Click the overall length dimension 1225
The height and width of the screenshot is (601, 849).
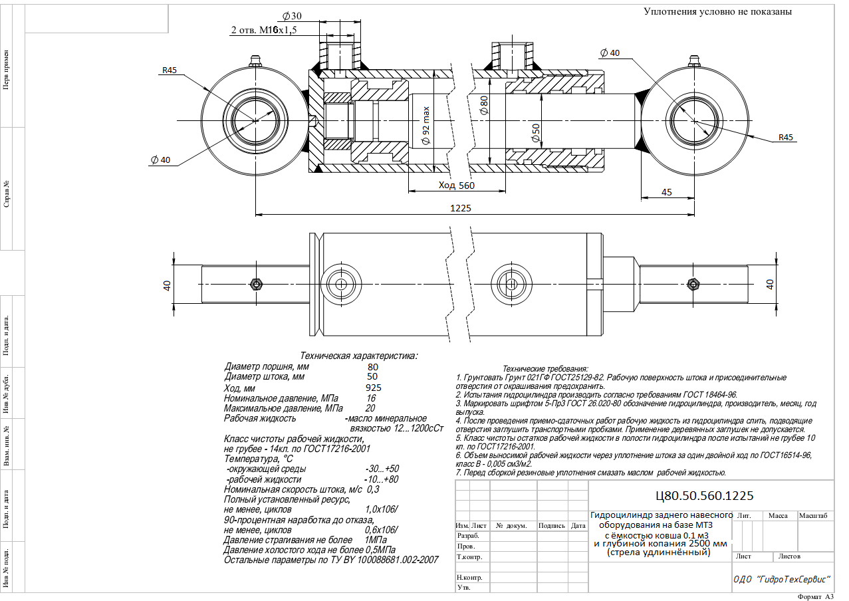(461, 208)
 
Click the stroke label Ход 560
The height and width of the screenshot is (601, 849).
(456, 185)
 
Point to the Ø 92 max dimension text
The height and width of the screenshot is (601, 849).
(426, 126)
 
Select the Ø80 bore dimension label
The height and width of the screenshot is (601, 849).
(484, 105)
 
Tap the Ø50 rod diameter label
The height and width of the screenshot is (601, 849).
(535, 133)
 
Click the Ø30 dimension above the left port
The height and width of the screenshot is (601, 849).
(292, 16)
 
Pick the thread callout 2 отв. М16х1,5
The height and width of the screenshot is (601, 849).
(264, 30)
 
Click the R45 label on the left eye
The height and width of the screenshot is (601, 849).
(170, 70)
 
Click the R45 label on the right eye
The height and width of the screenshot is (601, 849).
(785, 137)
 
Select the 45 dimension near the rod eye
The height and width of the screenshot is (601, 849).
(666, 192)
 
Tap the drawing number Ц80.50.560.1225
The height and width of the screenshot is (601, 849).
(704, 496)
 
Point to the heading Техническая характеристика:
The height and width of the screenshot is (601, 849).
(358, 356)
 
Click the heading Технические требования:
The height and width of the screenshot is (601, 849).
(545, 368)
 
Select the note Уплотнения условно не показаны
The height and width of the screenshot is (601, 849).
(717, 12)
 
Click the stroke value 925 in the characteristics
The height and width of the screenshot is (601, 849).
(374, 388)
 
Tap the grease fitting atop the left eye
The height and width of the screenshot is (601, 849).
(255, 61)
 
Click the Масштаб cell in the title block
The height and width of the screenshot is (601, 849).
(813, 515)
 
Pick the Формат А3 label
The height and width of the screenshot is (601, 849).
(815, 596)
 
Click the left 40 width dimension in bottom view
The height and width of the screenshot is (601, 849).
(167, 285)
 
